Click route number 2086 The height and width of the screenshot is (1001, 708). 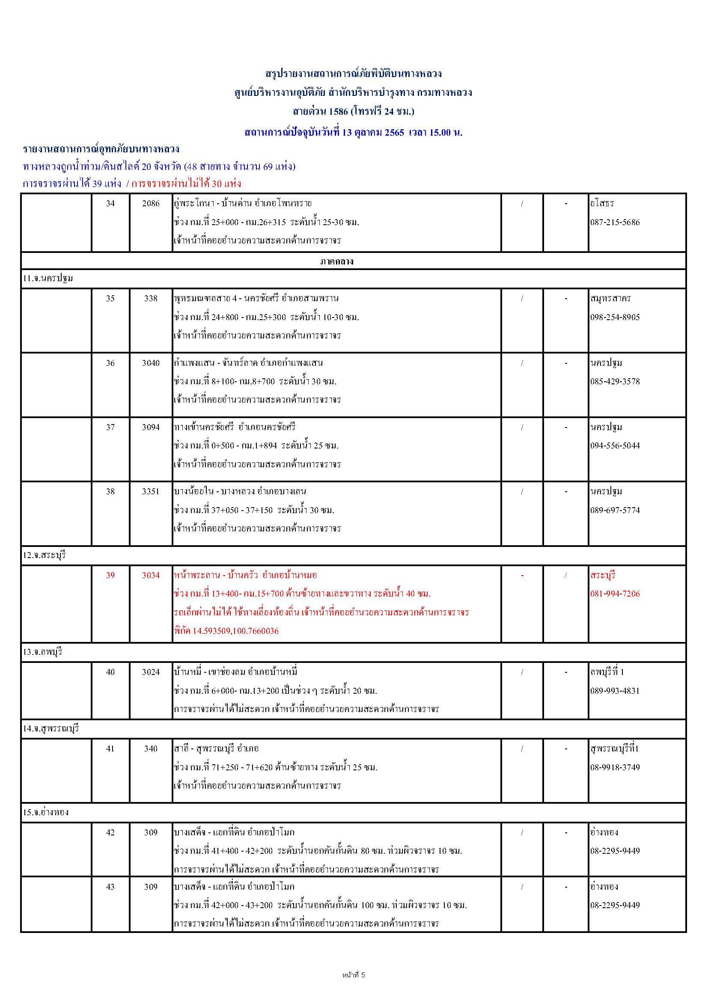coord(151,203)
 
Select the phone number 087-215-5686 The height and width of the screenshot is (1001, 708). coord(615,223)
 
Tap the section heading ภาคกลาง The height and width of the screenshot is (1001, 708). coord(336,261)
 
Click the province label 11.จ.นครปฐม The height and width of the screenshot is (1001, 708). coord(48,279)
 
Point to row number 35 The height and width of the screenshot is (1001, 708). coord(110,299)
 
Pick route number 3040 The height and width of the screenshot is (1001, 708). coord(151,363)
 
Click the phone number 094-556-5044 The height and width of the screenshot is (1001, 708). coord(615,446)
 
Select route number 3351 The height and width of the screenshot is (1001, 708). coord(151,491)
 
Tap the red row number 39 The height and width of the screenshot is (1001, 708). coord(110,576)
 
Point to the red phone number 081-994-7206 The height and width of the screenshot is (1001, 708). coord(615,594)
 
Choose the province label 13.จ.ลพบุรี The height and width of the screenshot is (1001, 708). coord(43,652)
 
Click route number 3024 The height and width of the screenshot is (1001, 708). coord(151,672)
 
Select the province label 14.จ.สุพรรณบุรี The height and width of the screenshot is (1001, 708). coord(51,728)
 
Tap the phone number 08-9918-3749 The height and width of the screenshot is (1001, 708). coord(615,767)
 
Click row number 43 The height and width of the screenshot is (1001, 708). coord(110,887)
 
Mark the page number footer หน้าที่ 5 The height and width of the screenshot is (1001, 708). coord(354,975)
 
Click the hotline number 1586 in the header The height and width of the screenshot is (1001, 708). coord(338,112)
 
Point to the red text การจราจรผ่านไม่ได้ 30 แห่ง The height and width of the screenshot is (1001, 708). coord(186,184)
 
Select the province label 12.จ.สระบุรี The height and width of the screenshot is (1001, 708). coord(45,555)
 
